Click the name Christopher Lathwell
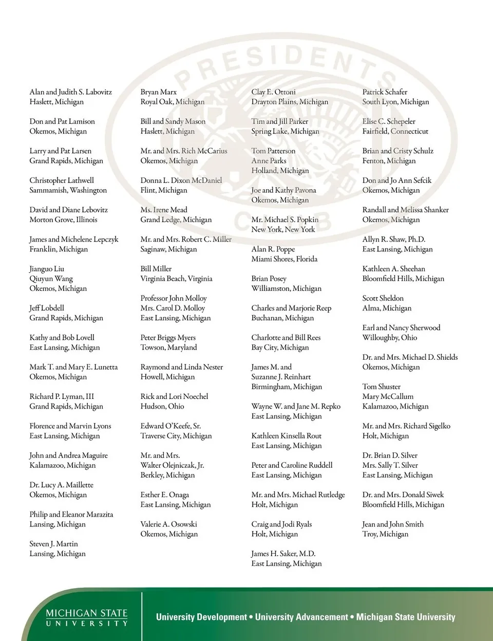pos(62,180)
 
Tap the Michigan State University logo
pos(87,617)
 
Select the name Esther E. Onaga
pos(164,495)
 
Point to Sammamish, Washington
pos(68,190)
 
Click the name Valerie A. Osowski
pos(168,524)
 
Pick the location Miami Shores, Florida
pos(284,259)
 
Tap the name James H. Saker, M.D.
pos(283,554)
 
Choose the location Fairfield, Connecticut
pos(395,132)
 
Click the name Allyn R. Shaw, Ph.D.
pos(393,240)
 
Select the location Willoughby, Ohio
pos(389,338)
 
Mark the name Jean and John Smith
pos(393,524)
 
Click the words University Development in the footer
pos(201,617)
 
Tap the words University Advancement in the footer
pos(301,617)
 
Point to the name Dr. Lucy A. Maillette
pos(61,485)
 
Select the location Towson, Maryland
pos(168,347)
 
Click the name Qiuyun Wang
pos(51,279)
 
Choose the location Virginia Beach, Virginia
pos(176,279)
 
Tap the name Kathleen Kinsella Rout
pos(286,436)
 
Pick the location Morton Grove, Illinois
pos(63,219)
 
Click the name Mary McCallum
pos(388,397)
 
